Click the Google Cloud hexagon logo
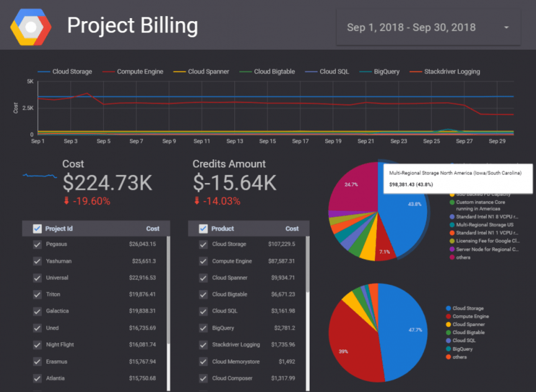[x=30, y=27]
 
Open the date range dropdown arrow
[x=506, y=28]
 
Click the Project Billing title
[x=132, y=26]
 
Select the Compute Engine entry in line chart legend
[x=140, y=72]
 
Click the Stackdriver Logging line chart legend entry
[x=451, y=72]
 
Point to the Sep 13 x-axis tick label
[x=235, y=141]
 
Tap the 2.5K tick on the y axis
[x=27, y=108]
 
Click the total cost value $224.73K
[x=107, y=182]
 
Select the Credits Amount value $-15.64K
[x=234, y=182]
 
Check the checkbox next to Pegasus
[x=37, y=245]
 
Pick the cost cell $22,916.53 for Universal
[x=142, y=278]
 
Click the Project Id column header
[x=59, y=228]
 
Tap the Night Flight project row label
[x=60, y=344]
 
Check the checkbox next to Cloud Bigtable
[x=203, y=294]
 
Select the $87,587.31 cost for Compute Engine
[x=282, y=261]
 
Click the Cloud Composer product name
[x=233, y=378]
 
